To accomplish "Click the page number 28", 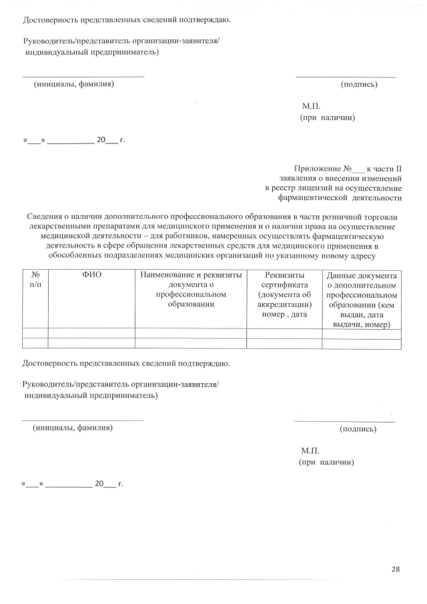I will (x=396, y=569).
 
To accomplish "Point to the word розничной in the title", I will (x=353, y=216).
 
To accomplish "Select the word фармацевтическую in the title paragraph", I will (x=346, y=236).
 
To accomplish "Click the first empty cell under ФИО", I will (x=91, y=333).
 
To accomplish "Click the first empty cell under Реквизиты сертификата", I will (x=284, y=333).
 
